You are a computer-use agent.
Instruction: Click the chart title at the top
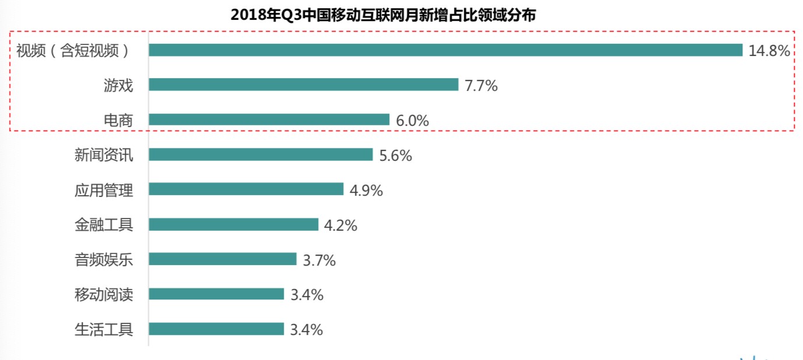click(383, 15)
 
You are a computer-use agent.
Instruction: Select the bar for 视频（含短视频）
click(445, 50)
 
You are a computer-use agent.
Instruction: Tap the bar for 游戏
click(304, 85)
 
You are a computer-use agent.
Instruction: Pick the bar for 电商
click(269, 120)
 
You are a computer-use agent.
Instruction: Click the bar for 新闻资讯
click(260, 154)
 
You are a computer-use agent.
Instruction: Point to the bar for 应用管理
click(246, 189)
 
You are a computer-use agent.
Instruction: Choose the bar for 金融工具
click(233, 224)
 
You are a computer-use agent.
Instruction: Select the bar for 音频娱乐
click(223, 259)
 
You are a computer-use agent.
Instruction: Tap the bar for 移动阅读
click(216, 294)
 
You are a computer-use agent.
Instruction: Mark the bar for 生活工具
click(216, 329)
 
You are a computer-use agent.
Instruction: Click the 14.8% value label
click(769, 51)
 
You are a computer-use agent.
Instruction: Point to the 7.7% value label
click(481, 86)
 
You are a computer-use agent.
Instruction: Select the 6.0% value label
click(412, 121)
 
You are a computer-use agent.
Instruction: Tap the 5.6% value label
click(395, 156)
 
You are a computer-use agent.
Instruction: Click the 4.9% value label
click(366, 190)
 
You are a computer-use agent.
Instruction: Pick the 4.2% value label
click(340, 225)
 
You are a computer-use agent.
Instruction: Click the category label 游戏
click(118, 86)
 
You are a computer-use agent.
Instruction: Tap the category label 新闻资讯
click(104, 155)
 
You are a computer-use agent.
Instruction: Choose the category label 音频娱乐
click(104, 259)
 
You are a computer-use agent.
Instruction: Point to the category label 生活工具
click(104, 329)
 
